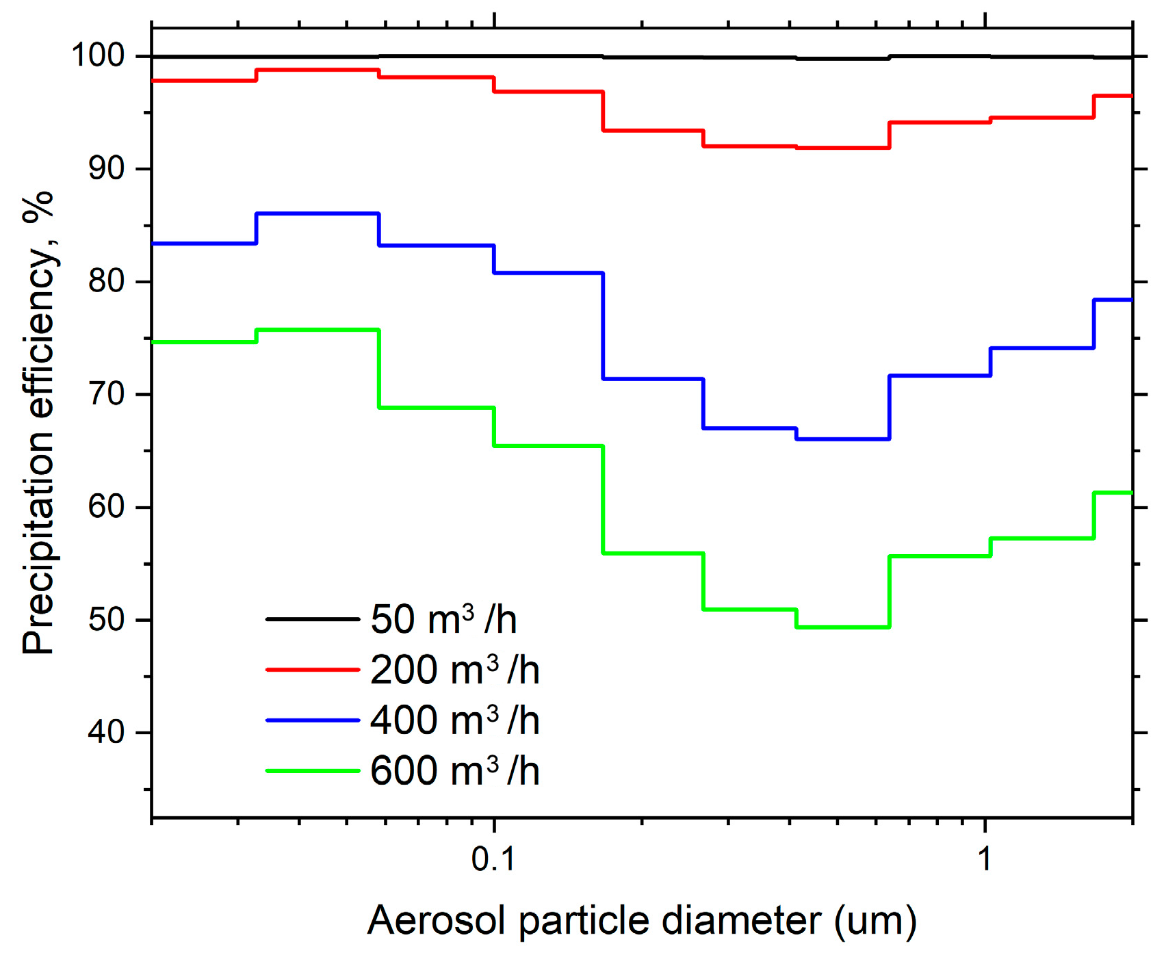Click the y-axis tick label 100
[98, 55]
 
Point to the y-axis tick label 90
[107, 168]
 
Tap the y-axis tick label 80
[107, 281]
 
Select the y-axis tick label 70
[107, 394]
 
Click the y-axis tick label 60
[107, 507]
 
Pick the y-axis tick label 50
[107, 620]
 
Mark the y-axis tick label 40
[107, 733]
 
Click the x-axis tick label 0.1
[493, 859]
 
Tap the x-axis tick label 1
[984, 859]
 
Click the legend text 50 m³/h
[443, 620]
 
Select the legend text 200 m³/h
[454, 670]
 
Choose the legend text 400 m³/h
[454, 720]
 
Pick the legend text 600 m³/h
[454, 771]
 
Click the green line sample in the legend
[313, 771]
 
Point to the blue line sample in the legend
[313, 720]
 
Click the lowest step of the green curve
[842, 627]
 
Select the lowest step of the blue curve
[842, 439]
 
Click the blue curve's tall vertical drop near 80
[603, 326]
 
